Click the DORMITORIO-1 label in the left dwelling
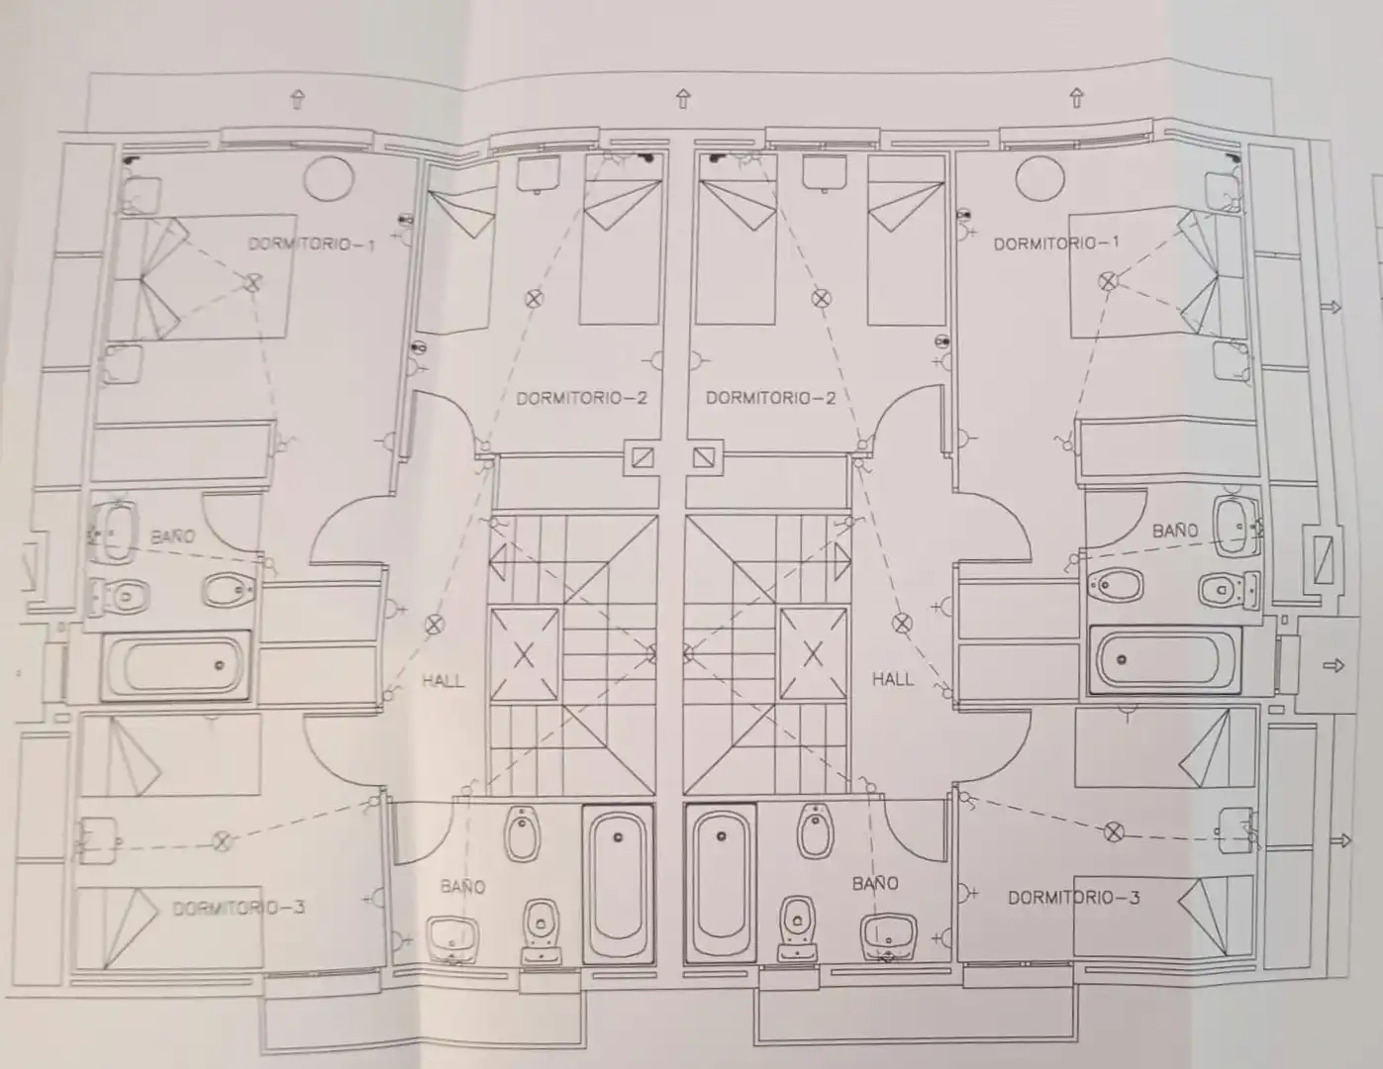pos(311,244)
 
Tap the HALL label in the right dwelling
pos(892,680)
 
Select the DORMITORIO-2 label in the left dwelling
pos(582,398)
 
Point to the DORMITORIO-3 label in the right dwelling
pos(1074,898)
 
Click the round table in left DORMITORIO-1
pos(329,179)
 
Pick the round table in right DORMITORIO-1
pos(1039,178)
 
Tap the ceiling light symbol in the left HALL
pos(435,625)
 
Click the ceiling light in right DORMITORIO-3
pos(1114,832)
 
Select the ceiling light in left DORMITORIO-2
pos(534,299)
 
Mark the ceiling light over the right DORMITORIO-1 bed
pos(1109,281)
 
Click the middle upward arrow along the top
pos(683,99)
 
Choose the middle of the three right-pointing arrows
pos(1334,666)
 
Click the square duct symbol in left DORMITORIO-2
pos(642,457)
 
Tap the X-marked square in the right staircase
pos(813,653)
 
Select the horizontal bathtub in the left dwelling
pos(175,665)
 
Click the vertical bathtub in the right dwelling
pos(721,884)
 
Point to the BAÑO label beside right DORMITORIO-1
pos(1175,531)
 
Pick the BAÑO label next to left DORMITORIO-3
pos(462,887)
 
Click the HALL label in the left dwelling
pos(443,681)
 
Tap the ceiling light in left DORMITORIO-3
pos(222,841)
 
